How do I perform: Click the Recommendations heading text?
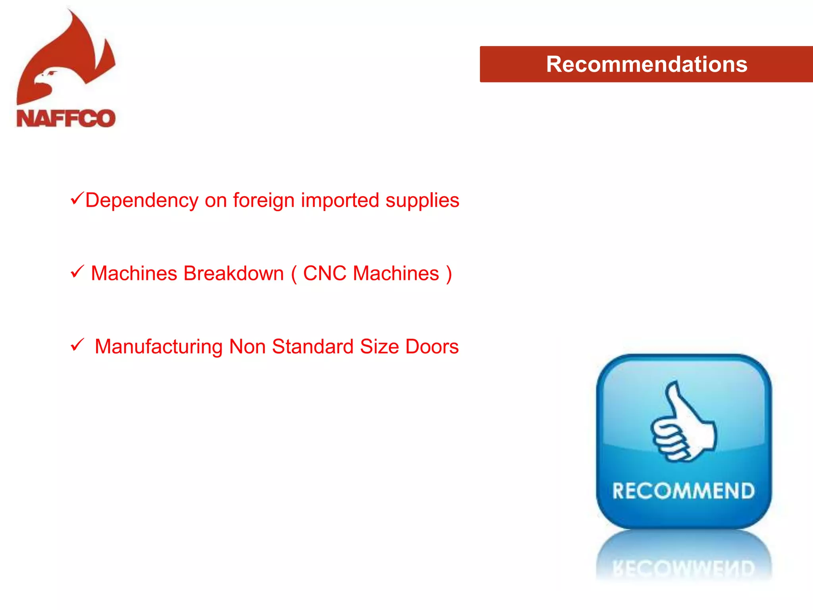646,64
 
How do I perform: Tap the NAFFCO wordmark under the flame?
66,118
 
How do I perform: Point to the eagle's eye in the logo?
52,73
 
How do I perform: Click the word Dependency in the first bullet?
142,201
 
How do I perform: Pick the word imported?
340,201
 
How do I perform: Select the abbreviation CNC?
325,274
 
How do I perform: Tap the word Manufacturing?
158,347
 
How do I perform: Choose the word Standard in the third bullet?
313,347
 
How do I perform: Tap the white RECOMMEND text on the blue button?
683,491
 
